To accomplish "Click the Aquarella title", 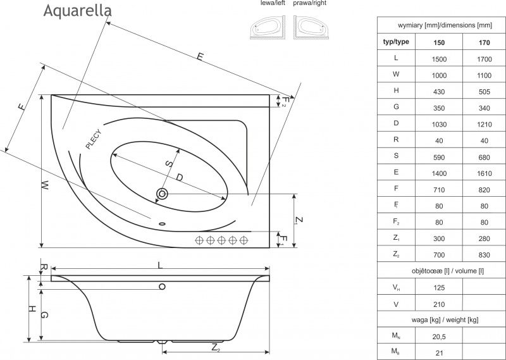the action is coord(77,10).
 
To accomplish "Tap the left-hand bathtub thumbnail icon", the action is coord(268,27).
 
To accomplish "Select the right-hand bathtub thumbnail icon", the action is coord(311,27).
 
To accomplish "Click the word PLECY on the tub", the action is coord(93,139).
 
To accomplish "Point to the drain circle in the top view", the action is coord(162,194).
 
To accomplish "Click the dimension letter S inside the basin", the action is coord(169,164).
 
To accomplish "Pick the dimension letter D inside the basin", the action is coord(180,177).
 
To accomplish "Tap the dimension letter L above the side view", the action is coord(160,265).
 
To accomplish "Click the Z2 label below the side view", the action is coord(216,348).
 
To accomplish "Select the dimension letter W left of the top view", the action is coord(45,185).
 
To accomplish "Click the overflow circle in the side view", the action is coord(162,287).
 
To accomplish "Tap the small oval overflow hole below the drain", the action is coord(162,223).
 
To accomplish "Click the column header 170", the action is coord(484,42).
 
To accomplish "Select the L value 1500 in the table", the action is coord(439,59).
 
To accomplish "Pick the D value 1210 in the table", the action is coord(484,125).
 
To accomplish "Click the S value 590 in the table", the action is coord(439,158).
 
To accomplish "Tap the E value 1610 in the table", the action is coord(484,174).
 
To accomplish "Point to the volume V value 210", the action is coord(439,304).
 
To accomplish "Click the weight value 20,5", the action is coord(439,337).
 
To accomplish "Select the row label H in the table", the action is coord(396,90).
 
